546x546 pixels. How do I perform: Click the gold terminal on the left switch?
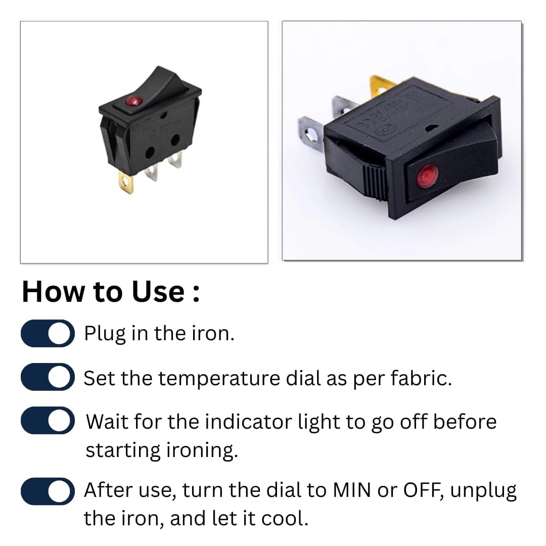[x=126, y=182]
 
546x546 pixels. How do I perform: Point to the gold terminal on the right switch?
[x=380, y=85]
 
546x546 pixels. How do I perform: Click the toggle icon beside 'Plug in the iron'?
[x=48, y=334]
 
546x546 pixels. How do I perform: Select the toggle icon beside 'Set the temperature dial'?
[x=48, y=377]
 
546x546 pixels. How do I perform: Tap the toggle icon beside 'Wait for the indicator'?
[x=48, y=421]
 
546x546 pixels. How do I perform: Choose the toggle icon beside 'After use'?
[x=48, y=491]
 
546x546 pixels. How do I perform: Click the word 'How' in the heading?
[x=53, y=292]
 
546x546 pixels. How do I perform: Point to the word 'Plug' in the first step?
[x=105, y=334]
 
